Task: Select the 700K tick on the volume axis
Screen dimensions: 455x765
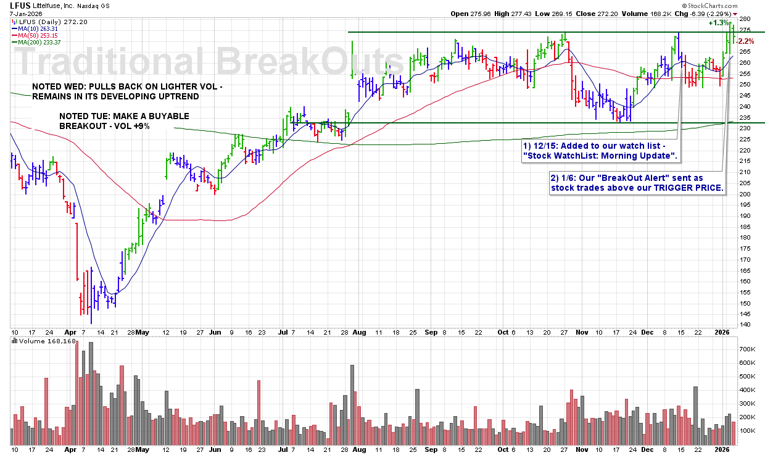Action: (746, 349)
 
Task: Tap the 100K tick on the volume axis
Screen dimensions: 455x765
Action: (746, 430)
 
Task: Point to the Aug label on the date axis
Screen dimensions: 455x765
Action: (359, 332)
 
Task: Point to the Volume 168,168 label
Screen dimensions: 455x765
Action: (46, 341)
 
